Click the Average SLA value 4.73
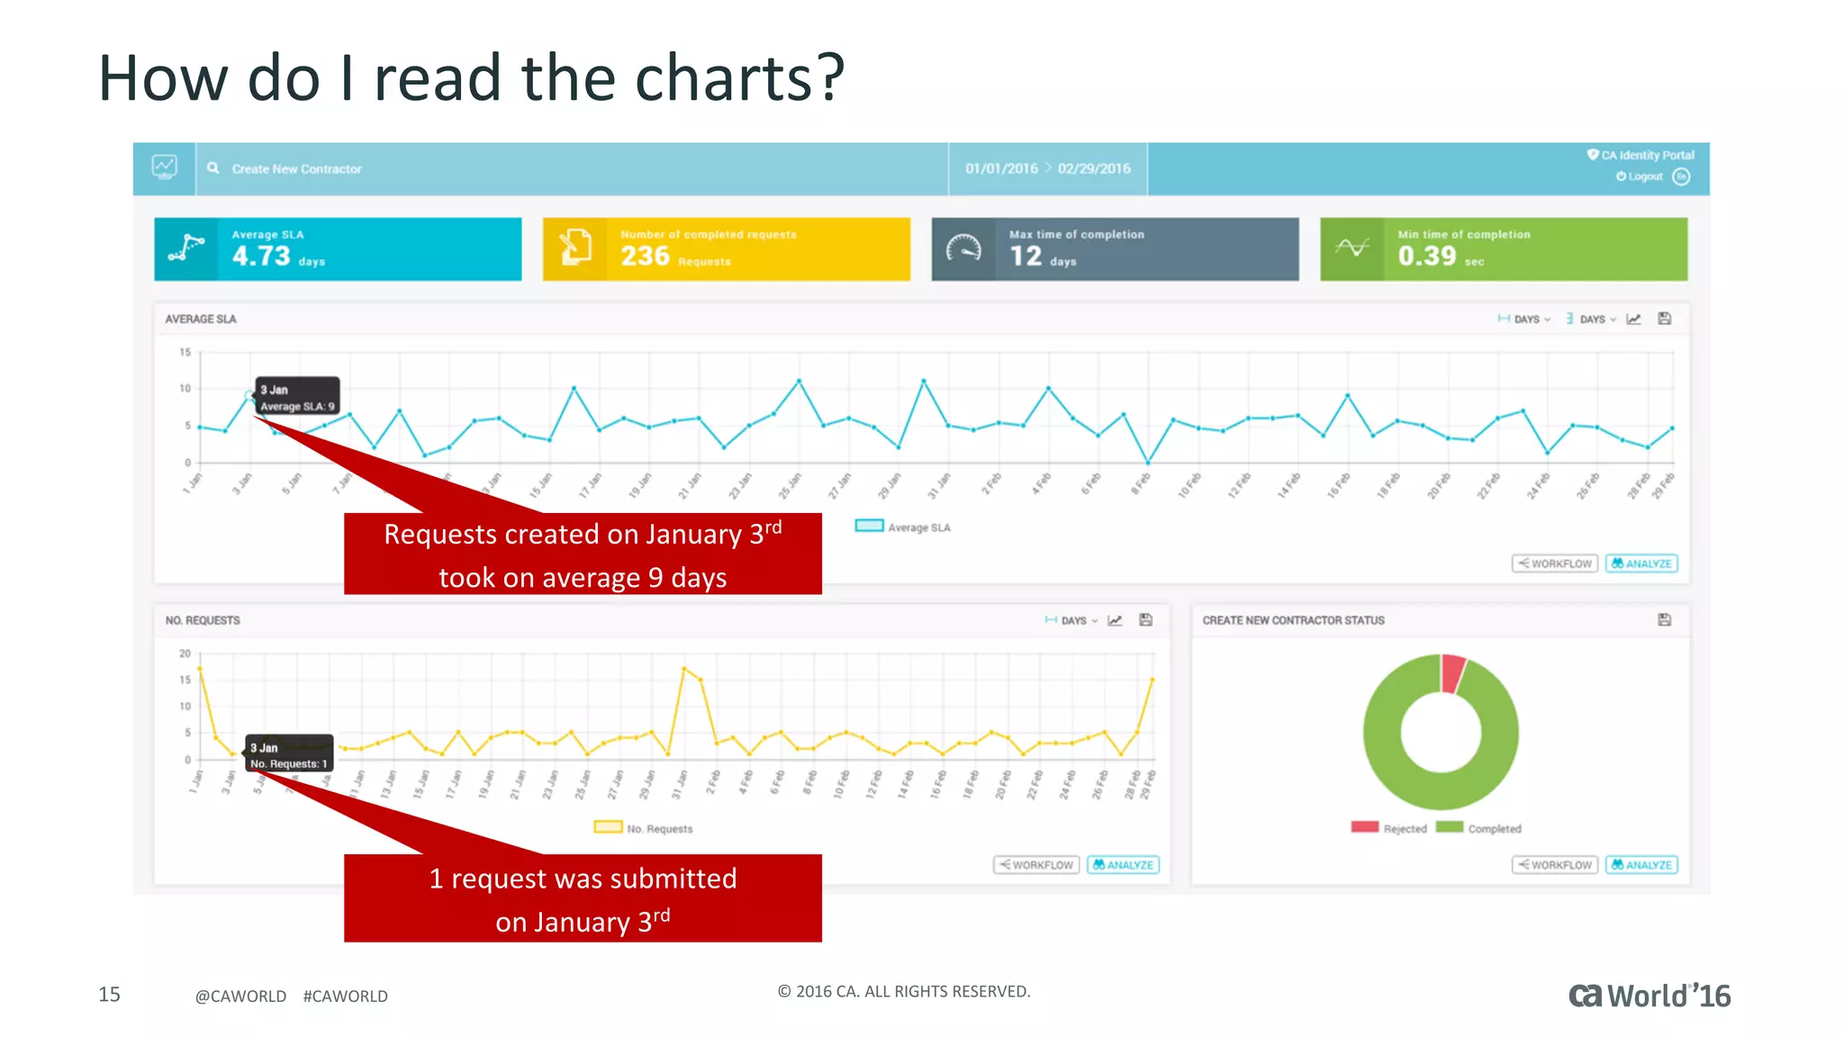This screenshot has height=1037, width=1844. tap(261, 257)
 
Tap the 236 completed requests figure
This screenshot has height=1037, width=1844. tap(645, 257)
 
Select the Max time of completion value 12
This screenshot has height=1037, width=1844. tap(1026, 257)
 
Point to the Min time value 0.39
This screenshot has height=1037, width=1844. tap(1426, 257)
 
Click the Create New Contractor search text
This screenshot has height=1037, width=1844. tap(296, 169)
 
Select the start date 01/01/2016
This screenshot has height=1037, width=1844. tap(1001, 168)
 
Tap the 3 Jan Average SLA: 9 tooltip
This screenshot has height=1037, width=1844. tap(297, 397)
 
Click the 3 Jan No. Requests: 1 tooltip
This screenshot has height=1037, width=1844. tap(289, 754)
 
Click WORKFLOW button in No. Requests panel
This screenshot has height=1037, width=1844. tap(1036, 865)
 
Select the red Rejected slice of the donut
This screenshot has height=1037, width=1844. tap(1451, 672)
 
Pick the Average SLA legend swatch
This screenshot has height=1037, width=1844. tap(869, 527)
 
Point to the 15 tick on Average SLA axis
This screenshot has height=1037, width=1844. tap(185, 352)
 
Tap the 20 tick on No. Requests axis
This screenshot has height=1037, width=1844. tap(185, 654)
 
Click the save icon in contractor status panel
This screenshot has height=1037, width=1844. tap(1664, 619)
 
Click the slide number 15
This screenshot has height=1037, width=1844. tap(109, 995)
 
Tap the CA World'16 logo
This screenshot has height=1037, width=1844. tap(1649, 996)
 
